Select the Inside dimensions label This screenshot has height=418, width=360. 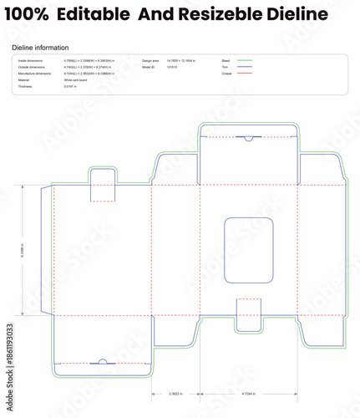coord(31,61)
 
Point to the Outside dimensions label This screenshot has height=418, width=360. coord(32,68)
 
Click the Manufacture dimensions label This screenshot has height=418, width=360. coord(34,74)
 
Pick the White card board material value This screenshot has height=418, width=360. coord(77,80)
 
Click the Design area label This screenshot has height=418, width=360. coord(150,61)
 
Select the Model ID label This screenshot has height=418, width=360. coord(148,68)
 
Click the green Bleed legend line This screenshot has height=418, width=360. coord(244,61)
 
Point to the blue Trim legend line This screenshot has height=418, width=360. coord(244,68)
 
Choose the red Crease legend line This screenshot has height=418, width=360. coord(244,74)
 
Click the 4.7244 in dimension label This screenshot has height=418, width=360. coord(249,393)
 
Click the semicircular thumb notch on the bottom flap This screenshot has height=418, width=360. coord(102,362)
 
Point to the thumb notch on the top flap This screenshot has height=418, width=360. coord(249,137)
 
